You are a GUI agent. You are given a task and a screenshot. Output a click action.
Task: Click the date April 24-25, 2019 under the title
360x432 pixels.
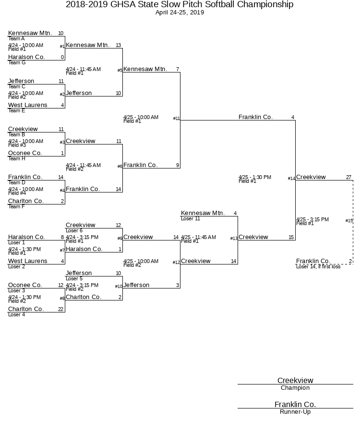click(180, 12)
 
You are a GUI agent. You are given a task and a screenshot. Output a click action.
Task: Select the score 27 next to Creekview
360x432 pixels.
click(349, 177)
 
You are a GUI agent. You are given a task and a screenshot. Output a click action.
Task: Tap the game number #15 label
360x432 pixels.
click(349, 221)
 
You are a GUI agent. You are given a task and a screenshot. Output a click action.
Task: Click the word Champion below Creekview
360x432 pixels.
click(295, 388)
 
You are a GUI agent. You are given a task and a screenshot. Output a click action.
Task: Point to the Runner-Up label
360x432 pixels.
click(295, 412)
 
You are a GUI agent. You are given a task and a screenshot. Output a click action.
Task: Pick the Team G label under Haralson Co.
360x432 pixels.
click(17, 63)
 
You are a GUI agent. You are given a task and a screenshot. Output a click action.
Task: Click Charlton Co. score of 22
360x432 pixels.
click(61, 309)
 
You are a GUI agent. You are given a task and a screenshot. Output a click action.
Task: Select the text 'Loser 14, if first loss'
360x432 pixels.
click(318, 266)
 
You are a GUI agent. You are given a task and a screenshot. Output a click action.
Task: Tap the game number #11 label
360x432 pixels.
click(177, 119)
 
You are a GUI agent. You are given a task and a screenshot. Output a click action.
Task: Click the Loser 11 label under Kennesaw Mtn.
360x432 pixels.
click(191, 219)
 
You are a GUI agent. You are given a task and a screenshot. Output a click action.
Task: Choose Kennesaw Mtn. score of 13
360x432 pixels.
click(118, 46)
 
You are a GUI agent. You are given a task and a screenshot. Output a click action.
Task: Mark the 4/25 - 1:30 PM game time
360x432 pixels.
click(255, 177)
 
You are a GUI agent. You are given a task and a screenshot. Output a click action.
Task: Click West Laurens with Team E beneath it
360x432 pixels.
click(28, 105)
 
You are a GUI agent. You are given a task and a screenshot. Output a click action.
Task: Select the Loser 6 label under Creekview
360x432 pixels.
click(74, 231)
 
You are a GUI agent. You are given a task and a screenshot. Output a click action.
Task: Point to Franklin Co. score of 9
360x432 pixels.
click(178, 166)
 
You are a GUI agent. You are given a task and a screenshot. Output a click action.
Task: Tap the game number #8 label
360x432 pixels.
click(62, 299)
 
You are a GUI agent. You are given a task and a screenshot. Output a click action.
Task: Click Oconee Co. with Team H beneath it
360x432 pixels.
click(25, 153)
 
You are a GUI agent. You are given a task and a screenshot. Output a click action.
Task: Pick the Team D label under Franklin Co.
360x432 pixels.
click(17, 183)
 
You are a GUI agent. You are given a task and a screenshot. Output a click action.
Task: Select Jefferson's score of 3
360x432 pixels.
click(178, 286)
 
